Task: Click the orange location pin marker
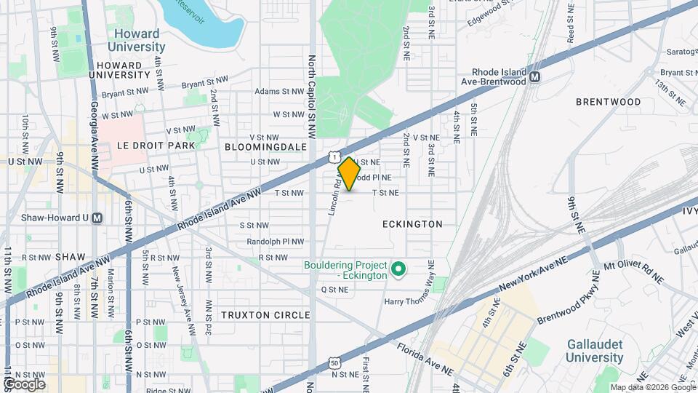tap(350, 173)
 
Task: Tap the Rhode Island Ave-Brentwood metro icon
tap(535, 76)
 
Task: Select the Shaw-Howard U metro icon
tap(97, 218)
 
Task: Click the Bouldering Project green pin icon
tap(398, 270)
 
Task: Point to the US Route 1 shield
tap(333, 156)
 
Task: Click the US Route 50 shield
tap(334, 362)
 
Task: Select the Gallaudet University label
tap(595, 351)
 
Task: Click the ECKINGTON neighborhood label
tap(412, 224)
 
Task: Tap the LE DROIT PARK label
tap(156, 146)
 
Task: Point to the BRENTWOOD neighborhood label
tap(608, 102)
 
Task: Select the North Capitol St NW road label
tap(311, 97)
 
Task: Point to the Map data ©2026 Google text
tap(653, 386)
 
